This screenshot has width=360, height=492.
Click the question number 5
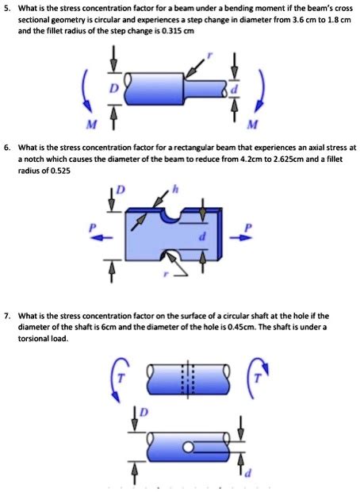[7, 8]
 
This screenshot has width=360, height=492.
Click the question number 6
[7, 148]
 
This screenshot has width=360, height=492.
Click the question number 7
[7, 316]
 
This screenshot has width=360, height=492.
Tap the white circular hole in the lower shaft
[189, 450]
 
